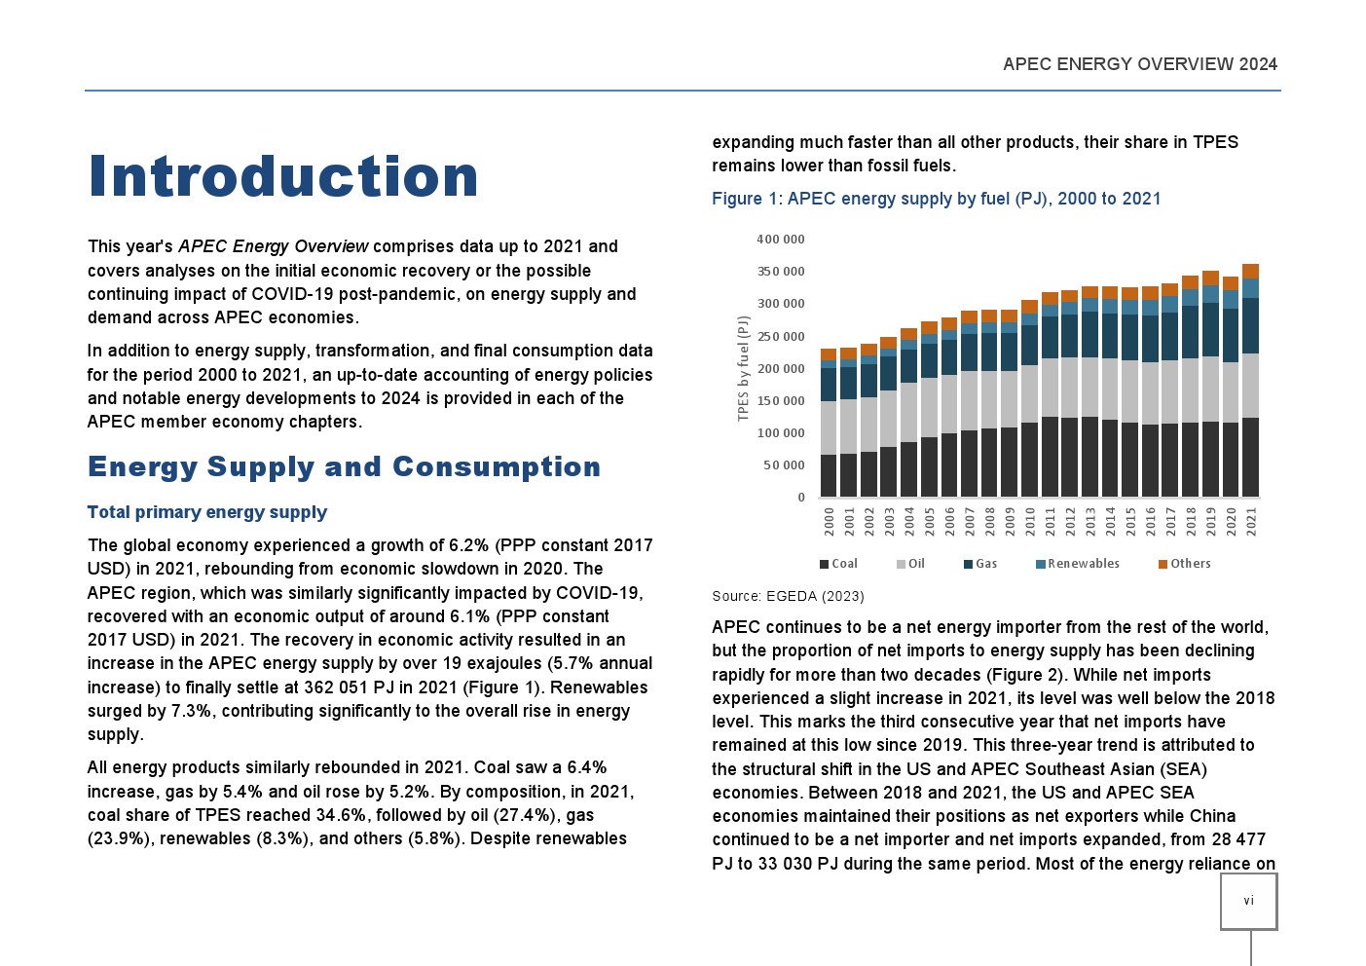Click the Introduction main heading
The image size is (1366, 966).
click(x=282, y=176)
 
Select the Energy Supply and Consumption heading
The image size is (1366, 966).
click(x=344, y=467)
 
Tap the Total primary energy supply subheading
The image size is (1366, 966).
click(x=206, y=512)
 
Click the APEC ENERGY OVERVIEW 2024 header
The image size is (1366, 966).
click(x=1139, y=64)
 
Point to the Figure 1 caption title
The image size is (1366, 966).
click(x=936, y=199)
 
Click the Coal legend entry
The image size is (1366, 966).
click(x=839, y=564)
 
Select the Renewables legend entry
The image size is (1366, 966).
click(x=1078, y=564)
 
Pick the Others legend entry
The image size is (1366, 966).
click(x=1185, y=564)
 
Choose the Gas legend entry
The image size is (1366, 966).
click(x=980, y=564)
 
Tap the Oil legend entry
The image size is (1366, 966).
click(x=911, y=564)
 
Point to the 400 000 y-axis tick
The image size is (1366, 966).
click(x=781, y=240)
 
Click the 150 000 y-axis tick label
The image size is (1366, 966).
click(x=781, y=401)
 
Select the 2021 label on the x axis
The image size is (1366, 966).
click(x=1251, y=522)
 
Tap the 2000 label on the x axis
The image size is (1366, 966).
click(x=830, y=522)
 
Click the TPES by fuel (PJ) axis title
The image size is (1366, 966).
click(x=744, y=368)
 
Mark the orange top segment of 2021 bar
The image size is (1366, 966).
click(x=1251, y=272)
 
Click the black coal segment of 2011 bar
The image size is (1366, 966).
click(x=1050, y=457)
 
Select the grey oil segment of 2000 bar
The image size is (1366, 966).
click(x=830, y=427)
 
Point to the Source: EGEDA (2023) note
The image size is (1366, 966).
click(x=788, y=596)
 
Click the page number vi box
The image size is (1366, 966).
click(x=1248, y=901)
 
